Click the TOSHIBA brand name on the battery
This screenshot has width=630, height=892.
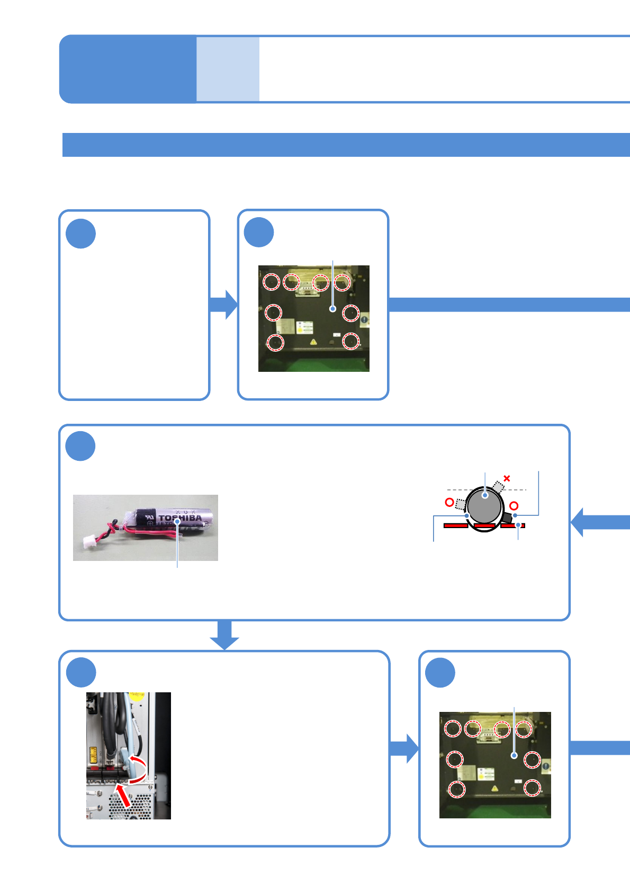(181, 518)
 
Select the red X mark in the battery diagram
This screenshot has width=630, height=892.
(507, 478)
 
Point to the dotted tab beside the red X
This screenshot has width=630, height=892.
(498, 486)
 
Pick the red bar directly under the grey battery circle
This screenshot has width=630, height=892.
(484, 526)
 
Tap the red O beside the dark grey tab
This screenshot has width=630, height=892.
(514, 506)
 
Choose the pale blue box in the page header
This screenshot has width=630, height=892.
(228, 69)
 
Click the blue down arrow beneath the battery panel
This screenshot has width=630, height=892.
(224, 635)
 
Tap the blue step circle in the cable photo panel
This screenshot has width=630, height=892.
(80, 673)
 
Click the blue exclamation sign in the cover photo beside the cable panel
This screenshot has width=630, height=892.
(545, 766)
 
